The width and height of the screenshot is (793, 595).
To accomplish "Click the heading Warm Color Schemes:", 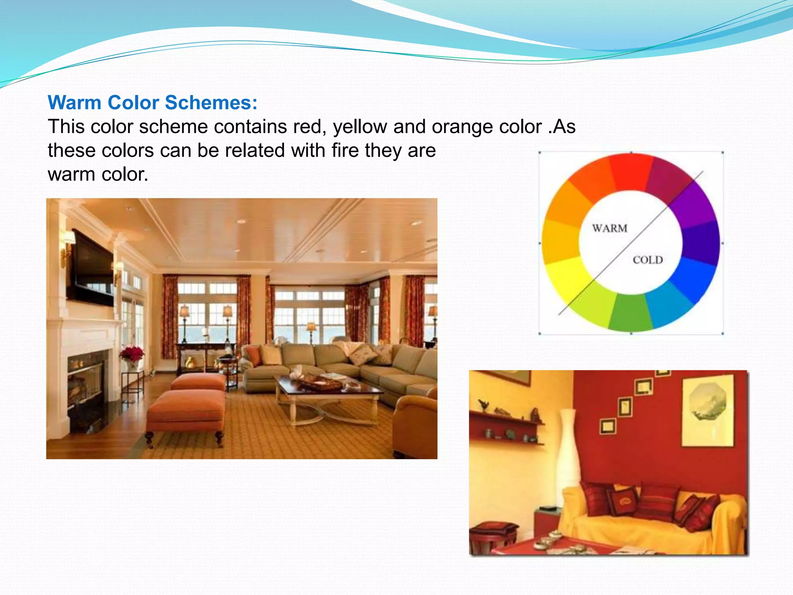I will tap(153, 103).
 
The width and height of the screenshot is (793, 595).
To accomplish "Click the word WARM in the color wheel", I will tap(609, 228).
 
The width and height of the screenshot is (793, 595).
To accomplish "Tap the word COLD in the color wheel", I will tap(648, 260).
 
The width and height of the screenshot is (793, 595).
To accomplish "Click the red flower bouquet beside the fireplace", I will tap(132, 353).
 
